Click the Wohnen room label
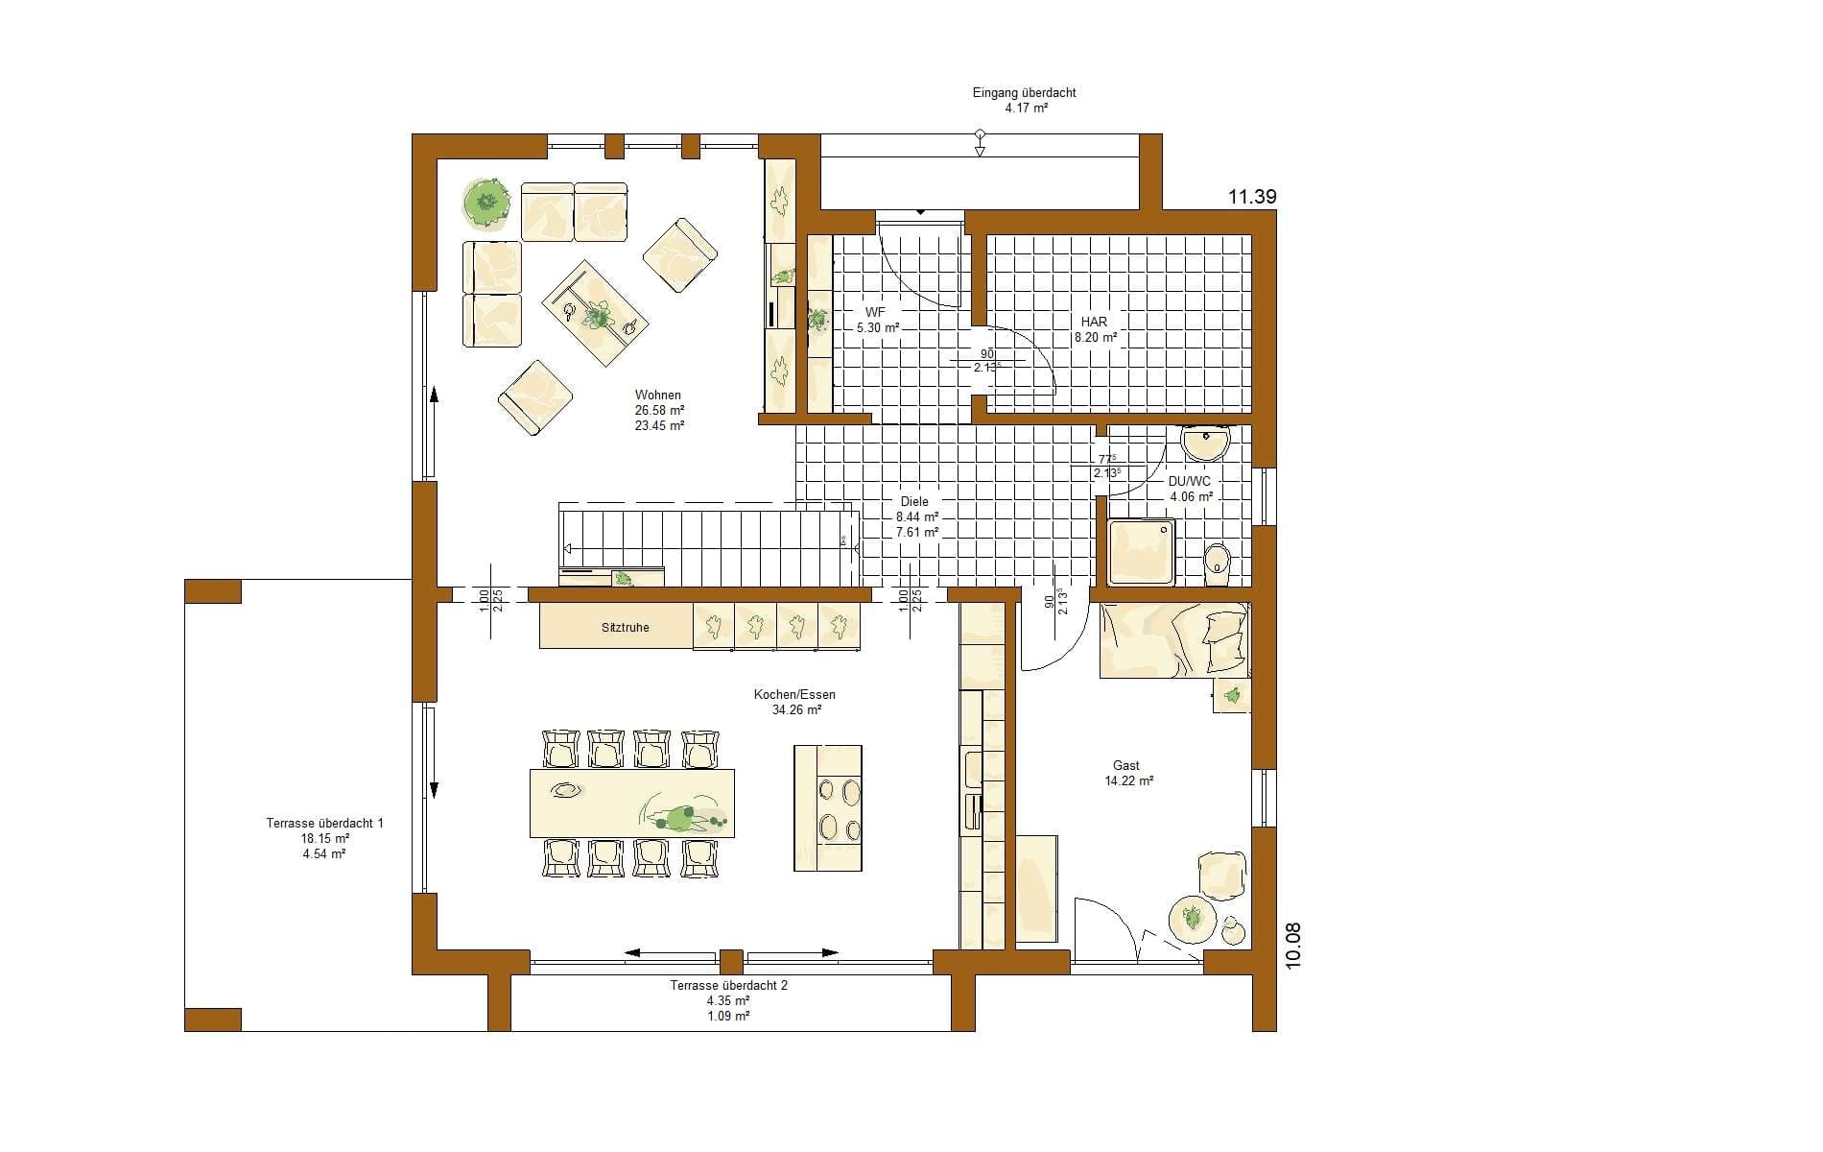point(658,395)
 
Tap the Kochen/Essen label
point(794,695)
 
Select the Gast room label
point(1126,765)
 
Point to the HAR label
point(1094,322)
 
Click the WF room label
point(875,313)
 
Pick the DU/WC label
point(1190,482)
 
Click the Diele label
point(914,501)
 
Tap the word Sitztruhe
point(626,627)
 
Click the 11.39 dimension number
point(1252,197)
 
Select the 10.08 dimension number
point(1292,947)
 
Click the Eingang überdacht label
point(1025,93)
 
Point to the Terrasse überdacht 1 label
point(324,823)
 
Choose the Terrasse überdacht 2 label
point(729,985)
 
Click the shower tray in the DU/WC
point(1141,552)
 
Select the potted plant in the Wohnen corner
point(487,203)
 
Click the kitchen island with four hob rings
point(828,808)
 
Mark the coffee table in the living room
point(596,314)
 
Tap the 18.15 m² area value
point(324,838)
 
